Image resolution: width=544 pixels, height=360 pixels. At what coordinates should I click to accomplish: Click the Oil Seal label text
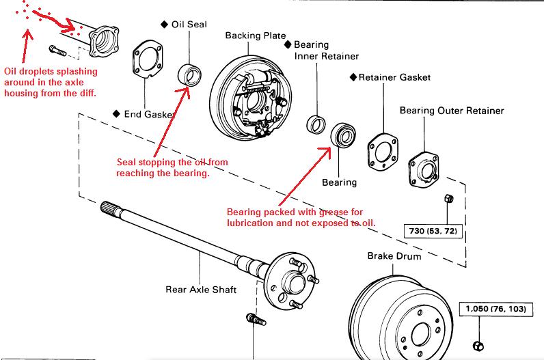tap(189, 25)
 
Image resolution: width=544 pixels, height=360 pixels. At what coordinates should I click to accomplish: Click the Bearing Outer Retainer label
tap(451, 110)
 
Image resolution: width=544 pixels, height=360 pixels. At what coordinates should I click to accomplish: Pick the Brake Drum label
tap(394, 256)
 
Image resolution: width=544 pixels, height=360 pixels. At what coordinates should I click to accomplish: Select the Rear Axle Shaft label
tap(201, 289)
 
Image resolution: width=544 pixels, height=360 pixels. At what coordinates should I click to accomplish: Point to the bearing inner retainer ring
tap(317, 125)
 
